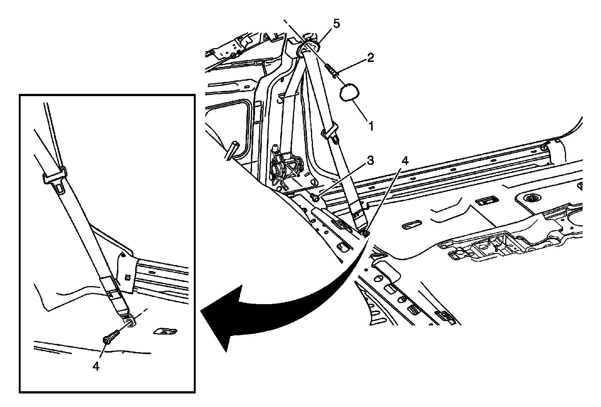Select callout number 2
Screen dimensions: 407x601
[370, 58]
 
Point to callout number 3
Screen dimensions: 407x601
[370, 161]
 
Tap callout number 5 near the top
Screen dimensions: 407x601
[336, 24]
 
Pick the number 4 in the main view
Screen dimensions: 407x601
[404, 161]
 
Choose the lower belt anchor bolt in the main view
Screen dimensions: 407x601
[364, 233]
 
